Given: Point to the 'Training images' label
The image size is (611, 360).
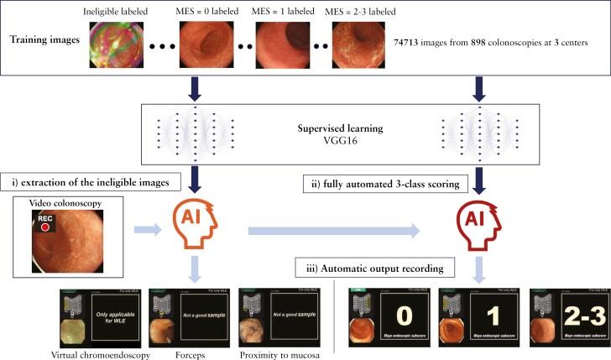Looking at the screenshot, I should (42, 41).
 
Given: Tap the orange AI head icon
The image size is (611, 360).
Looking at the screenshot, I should (196, 225).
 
